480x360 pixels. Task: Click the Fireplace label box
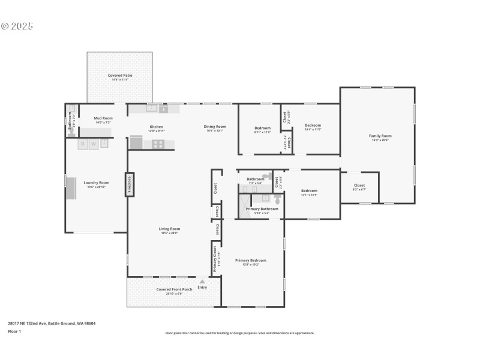tap(129, 185)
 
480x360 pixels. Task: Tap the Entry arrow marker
tap(202, 281)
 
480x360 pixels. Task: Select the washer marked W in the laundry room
tap(93, 144)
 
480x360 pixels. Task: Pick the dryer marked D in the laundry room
tap(83, 144)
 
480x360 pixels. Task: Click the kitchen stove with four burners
tap(158, 143)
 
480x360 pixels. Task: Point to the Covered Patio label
tap(120, 76)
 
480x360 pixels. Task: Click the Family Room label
tap(380, 136)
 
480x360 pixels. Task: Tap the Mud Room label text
tap(103, 119)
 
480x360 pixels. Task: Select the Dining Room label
tap(215, 127)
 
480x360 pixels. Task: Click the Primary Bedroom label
tap(250, 260)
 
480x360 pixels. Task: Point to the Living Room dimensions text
tap(170, 233)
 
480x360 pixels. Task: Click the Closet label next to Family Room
tap(359, 186)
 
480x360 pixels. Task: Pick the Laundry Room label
tap(96, 182)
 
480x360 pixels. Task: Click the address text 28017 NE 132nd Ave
tap(52, 323)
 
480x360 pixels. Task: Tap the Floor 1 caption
tap(14, 331)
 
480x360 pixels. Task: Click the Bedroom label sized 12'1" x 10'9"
tap(309, 191)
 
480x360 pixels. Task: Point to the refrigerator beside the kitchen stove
tap(136, 142)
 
